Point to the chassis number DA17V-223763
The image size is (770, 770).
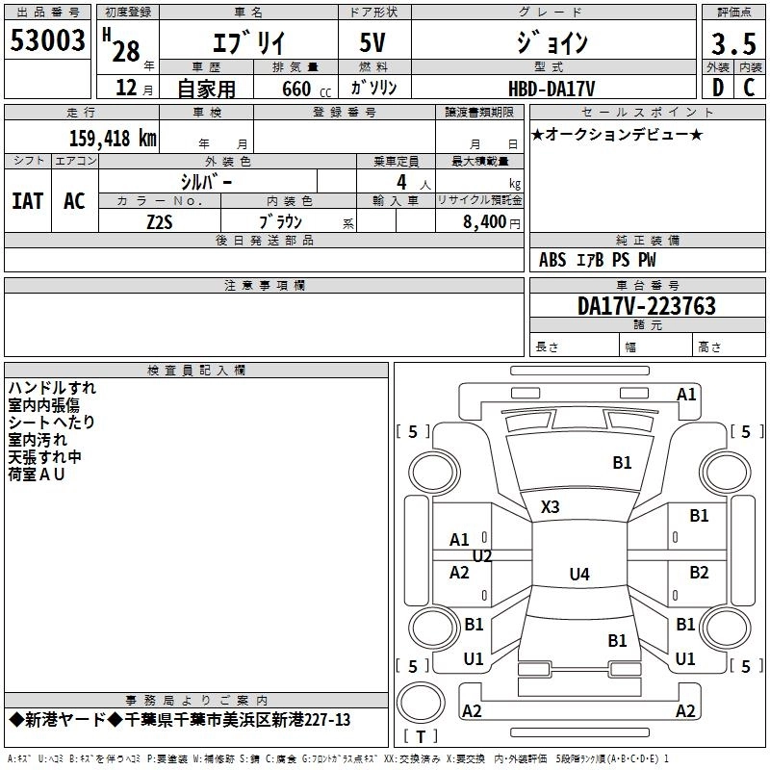pos(647,306)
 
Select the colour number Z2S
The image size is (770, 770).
pos(161,220)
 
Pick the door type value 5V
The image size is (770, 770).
pos(374,43)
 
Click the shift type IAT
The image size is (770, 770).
pos(27,201)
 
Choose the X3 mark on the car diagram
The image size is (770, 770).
pos(550,506)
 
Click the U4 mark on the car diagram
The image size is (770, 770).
pos(578,575)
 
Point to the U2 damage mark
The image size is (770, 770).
pos(482,555)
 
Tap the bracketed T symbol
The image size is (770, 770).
pos(420,736)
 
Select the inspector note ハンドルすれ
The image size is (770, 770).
pos(52,388)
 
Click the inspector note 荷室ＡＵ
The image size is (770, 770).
pos(36,475)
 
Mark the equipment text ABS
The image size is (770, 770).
pos(552,260)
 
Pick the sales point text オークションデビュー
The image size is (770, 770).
pos(618,134)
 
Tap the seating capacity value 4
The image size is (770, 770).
pos(399,182)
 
